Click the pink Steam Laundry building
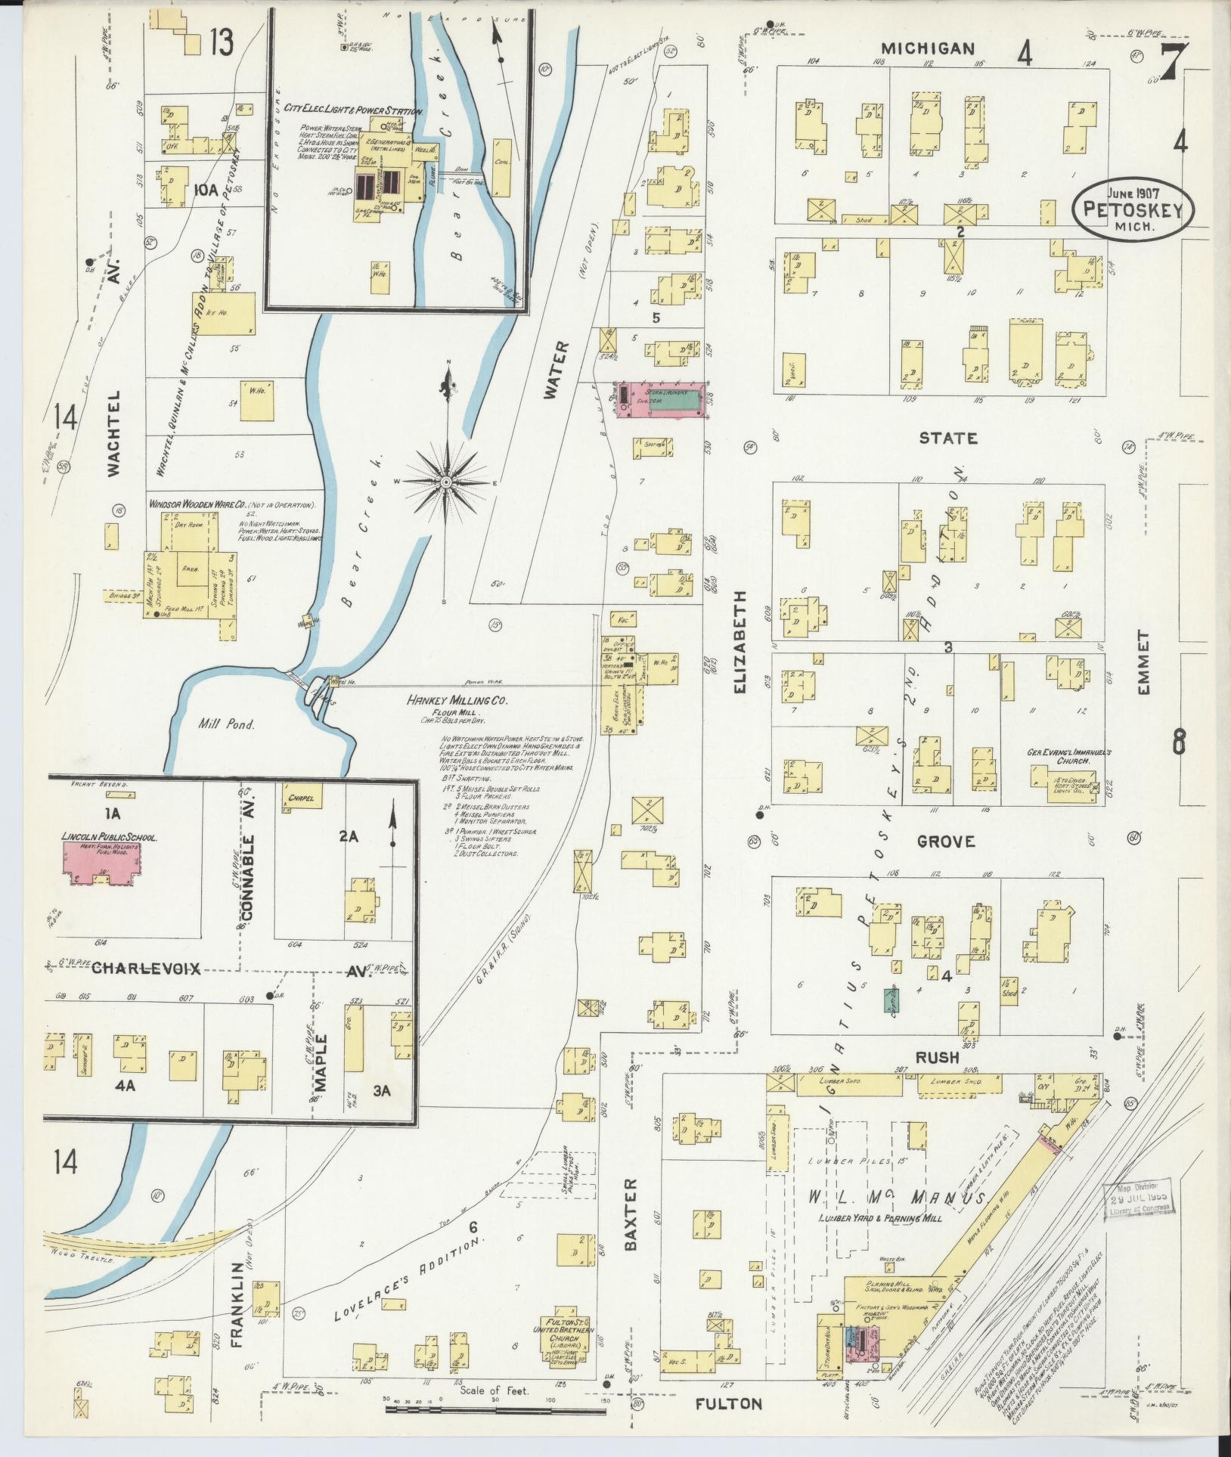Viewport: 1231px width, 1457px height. [662, 399]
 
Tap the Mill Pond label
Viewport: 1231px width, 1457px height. [227, 724]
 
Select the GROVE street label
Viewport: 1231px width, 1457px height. [947, 842]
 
